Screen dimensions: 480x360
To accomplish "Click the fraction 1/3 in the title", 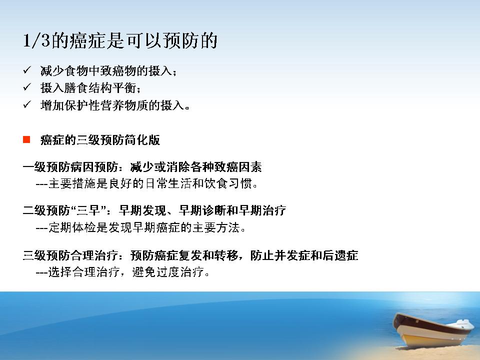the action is (x=36, y=40).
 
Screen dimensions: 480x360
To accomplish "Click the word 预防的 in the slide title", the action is (x=190, y=40).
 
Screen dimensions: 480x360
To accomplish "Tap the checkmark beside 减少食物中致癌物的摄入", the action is (x=27, y=70).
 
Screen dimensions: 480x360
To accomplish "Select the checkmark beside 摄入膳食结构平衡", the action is (x=27, y=87).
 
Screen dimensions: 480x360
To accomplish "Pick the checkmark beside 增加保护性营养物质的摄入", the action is (x=27, y=105).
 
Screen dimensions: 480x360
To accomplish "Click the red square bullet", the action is (x=26, y=139).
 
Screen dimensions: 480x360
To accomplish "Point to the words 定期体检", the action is (x=72, y=227).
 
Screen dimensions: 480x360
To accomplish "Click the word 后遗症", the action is (x=340, y=255).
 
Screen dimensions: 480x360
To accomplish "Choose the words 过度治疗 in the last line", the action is (x=180, y=272).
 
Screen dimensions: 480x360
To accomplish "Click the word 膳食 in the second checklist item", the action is (x=70, y=88).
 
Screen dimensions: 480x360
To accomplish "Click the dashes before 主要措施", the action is (x=41, y=184).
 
